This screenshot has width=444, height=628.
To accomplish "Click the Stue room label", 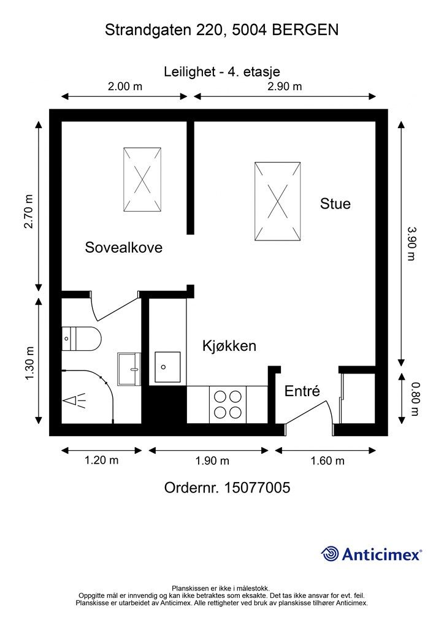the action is (335, 204).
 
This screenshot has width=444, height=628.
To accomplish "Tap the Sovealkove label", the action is (124, 247).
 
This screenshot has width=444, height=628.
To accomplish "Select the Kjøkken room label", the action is (229, 346).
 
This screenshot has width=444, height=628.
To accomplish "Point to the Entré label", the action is (302, 391).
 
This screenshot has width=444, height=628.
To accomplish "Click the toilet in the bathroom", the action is (82, 339).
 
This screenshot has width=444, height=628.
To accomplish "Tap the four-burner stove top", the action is (228, 405).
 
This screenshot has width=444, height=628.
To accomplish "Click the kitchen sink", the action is (167, 367).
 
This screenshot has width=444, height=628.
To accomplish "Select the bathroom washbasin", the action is (129, 369).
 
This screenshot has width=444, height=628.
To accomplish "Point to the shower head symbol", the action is (74, 400).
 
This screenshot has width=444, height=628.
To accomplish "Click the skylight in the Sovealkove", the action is (142, 180).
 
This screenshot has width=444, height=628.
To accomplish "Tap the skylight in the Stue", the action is (277, 201).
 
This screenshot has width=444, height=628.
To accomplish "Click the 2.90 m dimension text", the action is (285, 86).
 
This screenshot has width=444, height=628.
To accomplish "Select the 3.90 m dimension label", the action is (411, 243).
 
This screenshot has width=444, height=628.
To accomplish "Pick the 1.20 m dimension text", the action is (101, 460).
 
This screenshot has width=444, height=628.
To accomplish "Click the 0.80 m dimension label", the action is (415, 399).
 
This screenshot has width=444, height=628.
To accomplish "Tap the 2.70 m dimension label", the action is (28, 211).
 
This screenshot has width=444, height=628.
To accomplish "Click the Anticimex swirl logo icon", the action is (330, 554).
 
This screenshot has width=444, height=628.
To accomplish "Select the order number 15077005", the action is (257, 488).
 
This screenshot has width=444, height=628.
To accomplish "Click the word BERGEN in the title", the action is (305, 30).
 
